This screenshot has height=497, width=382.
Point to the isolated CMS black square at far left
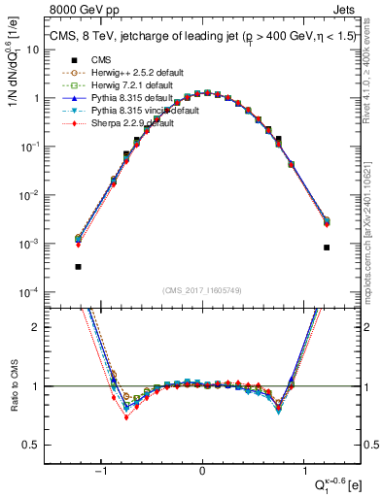[x=78, y=266]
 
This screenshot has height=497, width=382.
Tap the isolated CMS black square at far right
[x=327, y=248]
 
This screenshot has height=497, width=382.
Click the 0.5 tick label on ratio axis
[x=55, y=445]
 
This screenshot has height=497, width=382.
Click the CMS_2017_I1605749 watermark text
[x=203, y=291]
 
